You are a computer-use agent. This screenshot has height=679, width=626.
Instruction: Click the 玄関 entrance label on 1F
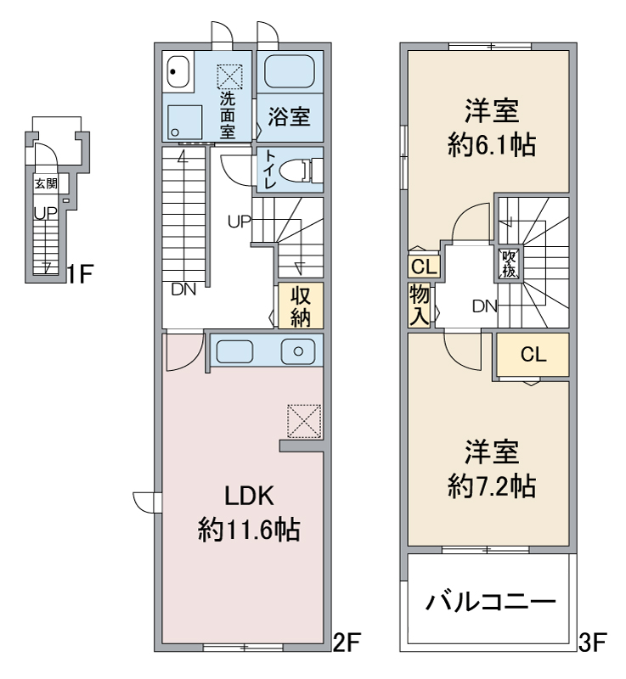click(47, 183)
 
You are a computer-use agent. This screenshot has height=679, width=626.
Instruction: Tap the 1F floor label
click(80, 273)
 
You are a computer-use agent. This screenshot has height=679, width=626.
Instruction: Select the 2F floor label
click(347, 643)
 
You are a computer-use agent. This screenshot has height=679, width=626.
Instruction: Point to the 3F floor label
click(592, 643)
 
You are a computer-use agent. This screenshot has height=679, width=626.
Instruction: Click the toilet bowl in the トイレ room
click(296, 169)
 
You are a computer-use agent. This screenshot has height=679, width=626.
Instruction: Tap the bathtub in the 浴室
click(290, 71)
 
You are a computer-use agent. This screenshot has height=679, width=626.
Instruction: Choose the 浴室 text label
click(289, 116)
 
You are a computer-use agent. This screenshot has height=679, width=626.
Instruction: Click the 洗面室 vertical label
click(228, 115)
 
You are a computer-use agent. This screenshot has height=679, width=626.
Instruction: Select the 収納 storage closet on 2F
click(301, 306)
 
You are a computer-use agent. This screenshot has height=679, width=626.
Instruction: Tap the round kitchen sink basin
click(298, 351)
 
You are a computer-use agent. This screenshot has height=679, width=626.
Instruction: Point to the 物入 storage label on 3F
click(420, 306)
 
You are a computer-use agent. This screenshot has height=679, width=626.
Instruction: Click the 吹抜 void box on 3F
click(509, 264)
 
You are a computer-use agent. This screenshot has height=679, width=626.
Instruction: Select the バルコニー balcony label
click(490, 602)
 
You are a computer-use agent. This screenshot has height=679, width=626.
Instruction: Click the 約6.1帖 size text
click(492, 144)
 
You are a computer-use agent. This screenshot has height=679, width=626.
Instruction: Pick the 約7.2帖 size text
click(492, 485)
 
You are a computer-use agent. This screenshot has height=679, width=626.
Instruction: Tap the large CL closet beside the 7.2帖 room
click(533, 355)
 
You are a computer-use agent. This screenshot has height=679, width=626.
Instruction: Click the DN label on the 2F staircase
click(183, 289)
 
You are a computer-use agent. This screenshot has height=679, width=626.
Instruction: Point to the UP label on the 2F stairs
click(240, 222)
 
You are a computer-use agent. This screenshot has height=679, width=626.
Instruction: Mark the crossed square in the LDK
click(304, 421)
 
